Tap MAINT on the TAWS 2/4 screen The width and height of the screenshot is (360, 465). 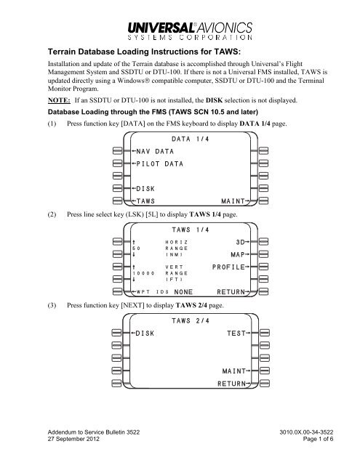click(237, 372)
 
